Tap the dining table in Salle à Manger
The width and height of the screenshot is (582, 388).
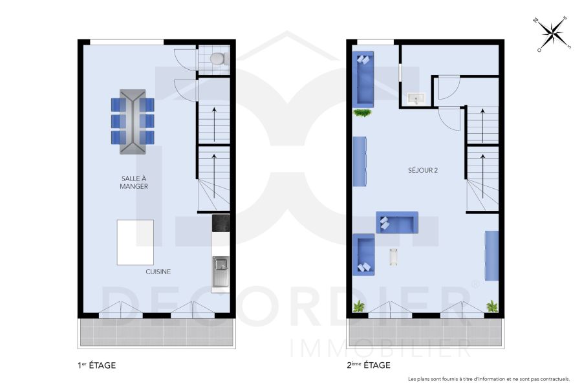(133, 122)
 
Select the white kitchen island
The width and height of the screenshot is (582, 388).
(135, 242)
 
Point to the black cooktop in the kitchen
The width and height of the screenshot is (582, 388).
(221, 223)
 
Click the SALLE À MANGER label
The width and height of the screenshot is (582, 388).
(134, 182)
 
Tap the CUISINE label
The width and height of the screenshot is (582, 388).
(158, 272)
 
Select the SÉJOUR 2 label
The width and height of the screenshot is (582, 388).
(423, 171)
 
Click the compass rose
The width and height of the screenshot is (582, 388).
(552, 34)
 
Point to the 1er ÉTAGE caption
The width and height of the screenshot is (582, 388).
(96, 365)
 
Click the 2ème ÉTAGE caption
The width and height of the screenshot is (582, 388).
(369, 365)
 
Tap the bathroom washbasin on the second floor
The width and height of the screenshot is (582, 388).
(415, 98)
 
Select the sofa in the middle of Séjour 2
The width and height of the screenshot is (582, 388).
(397, 222)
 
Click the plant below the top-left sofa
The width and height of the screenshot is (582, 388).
(363, 113)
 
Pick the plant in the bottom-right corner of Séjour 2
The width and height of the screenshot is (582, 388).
(492, 305)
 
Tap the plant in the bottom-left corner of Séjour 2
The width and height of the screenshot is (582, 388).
(358, 306)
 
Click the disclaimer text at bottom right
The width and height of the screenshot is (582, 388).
(489, 379)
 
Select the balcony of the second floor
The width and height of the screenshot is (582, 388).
(425, 332)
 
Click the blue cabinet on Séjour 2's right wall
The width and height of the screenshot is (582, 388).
(491, 256)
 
